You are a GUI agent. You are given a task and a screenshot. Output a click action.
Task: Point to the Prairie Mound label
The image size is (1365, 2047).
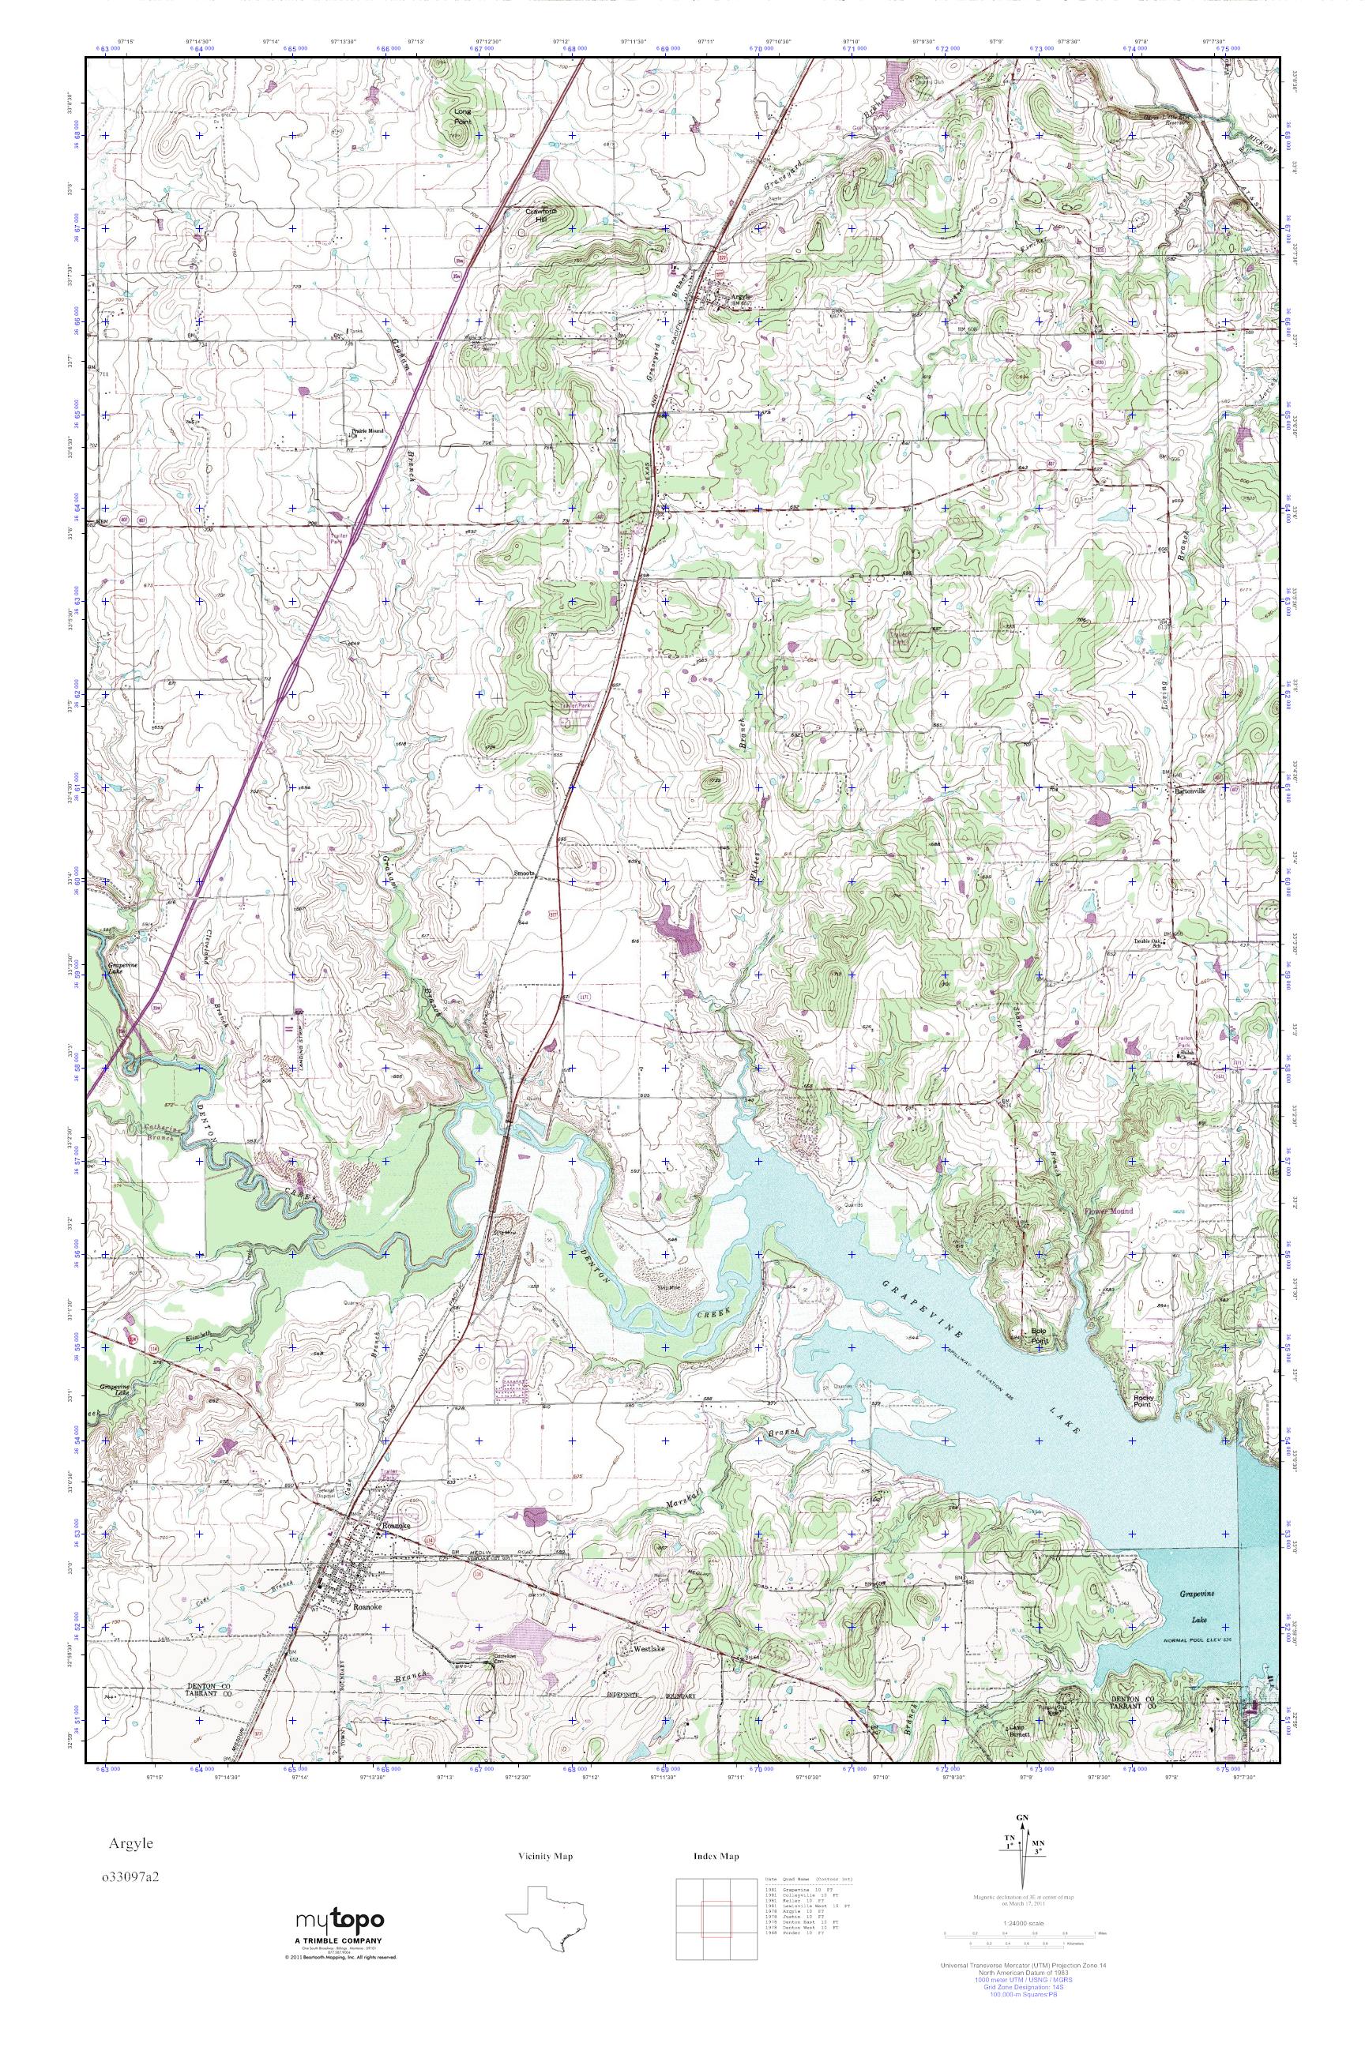pos(366,430)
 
